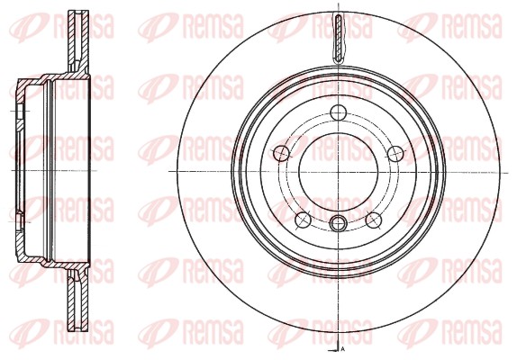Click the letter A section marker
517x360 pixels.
pyautogui.click(x=344, y=346)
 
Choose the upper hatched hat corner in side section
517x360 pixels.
pyautogui.click(x=31, y=86)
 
